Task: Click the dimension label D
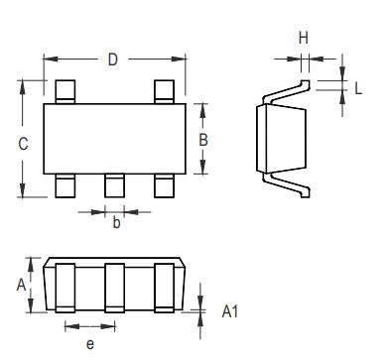pyautogui.click(x=113, y=60)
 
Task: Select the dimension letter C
pyautogui.click(x=23, y=143)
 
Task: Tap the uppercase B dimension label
pyautogui.click(x=202, y=140)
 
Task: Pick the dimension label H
pyautogui.click(x=304, y=38)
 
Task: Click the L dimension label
pyautogui.click(x=357, y=87)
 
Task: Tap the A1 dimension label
pyautogui.click(x=229, y=311)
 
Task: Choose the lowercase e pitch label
pyautogui.click(x=89, y=343)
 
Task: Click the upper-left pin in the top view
pyautogui.click(x=65, y=91)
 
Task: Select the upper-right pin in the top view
pyautogui.click(x=165, y=91)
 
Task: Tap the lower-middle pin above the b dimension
pyautogui.click(x=115, y=185)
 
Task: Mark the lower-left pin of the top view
pyautogui.click(x=65, y=185)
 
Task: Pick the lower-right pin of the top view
pyautogui.click(x=165, y=185)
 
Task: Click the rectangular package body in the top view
pyautogui.click(x=115, y=138)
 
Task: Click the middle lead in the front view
pyautogui.click(x=114, y=288)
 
